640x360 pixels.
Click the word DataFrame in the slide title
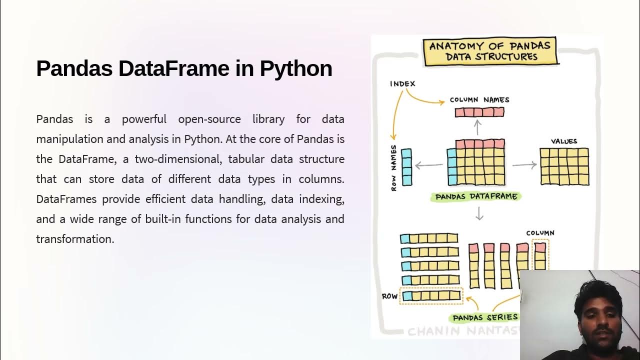pos(174,68)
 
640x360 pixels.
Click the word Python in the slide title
pos(295,68)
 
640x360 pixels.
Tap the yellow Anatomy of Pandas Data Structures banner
pos(490,51)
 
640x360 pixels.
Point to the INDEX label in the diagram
pos(402,83)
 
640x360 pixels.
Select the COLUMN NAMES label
pos(479,99)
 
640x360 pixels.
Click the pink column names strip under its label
pos(479,112)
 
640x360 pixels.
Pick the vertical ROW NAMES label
pos(394,167)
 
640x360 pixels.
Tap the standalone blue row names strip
pos(406,167)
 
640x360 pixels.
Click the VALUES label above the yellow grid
pos(563,141)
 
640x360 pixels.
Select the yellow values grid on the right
pos(564,166)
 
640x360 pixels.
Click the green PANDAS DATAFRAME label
pos(476,196)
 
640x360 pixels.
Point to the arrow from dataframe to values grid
pos(524,164)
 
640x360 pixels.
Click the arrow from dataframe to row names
pos(428,164)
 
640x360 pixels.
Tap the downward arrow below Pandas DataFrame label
pos(479,213)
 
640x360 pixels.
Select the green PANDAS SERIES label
pos(485,317)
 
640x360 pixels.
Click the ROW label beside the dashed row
pos(389,296)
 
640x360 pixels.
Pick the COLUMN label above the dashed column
pos(540,233)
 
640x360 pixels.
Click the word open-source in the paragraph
pos(209,119)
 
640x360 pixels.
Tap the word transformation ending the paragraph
pos(75,239)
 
